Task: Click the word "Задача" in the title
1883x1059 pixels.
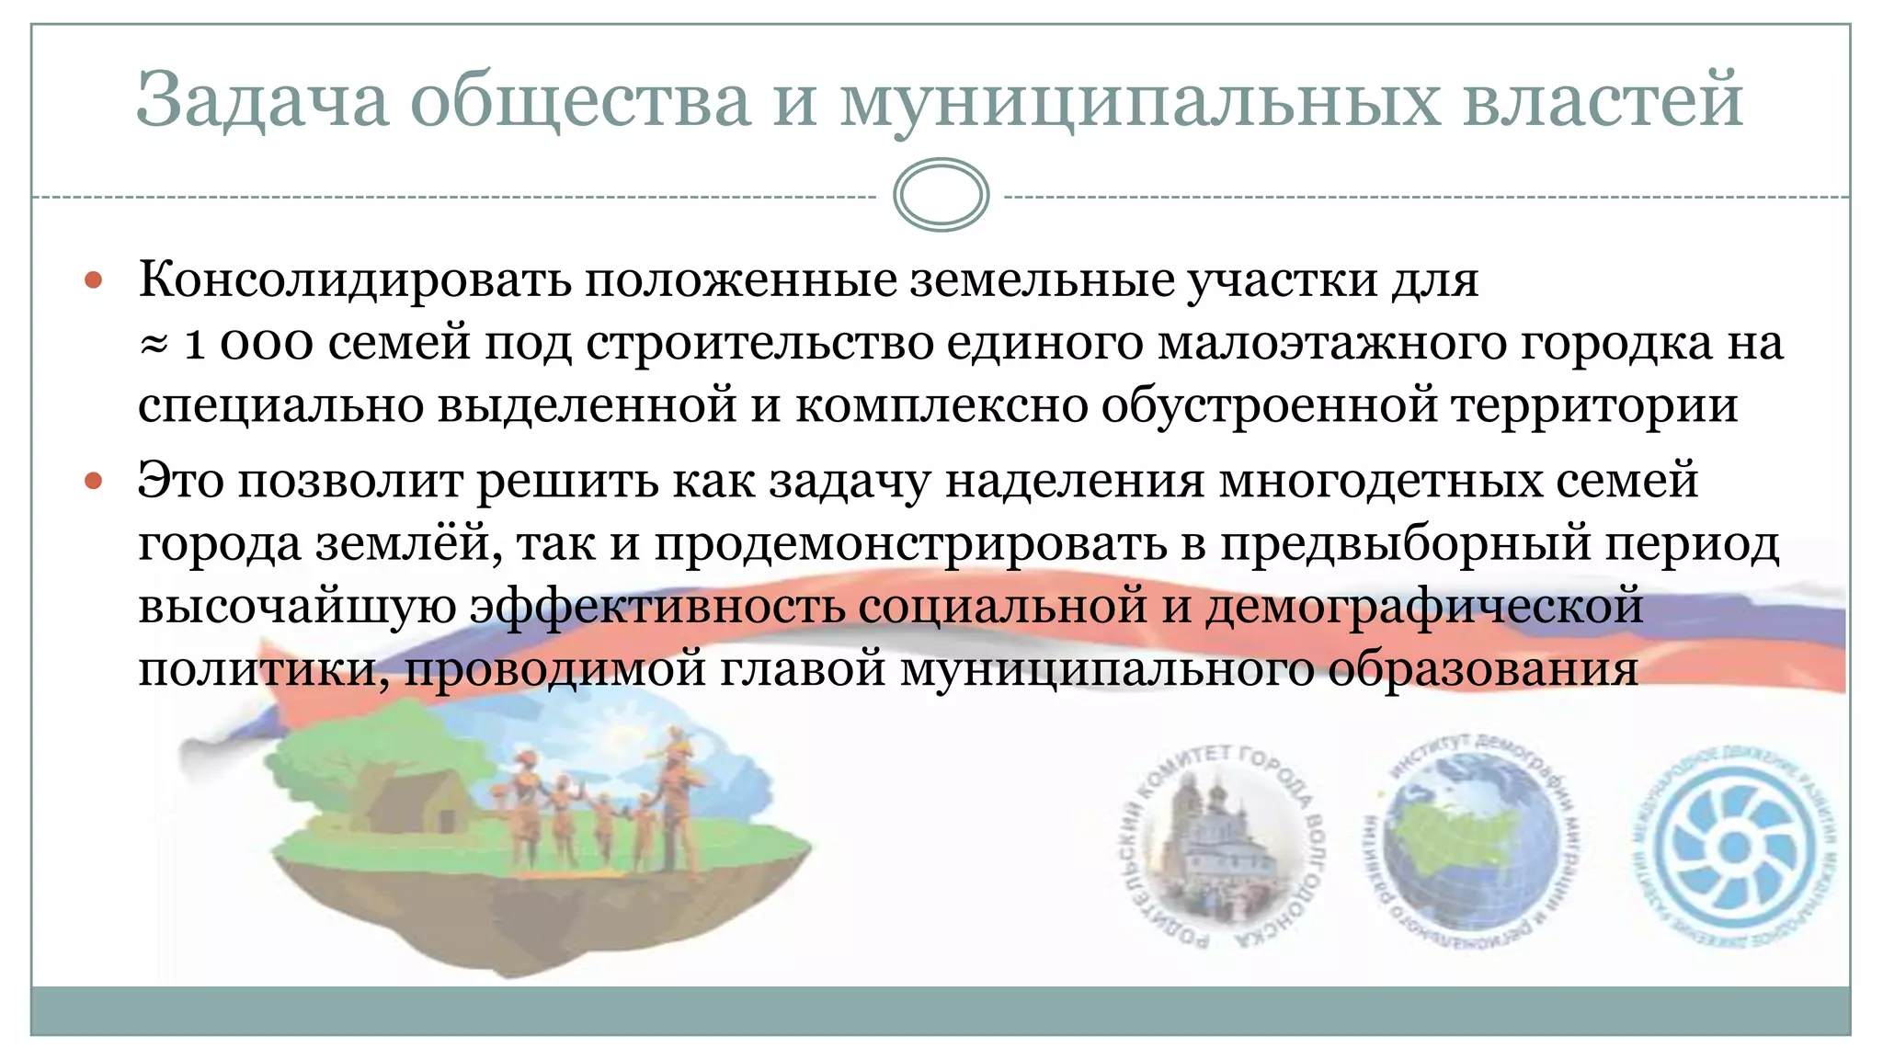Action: pyautogui.click(x=263, y=99)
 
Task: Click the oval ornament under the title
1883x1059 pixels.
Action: pyautogui.click(x=941, y=195)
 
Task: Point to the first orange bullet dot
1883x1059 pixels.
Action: pyautogui.click(x=94, y=279)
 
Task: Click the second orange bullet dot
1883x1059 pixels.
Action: pyautogui.click(x=94, y=480)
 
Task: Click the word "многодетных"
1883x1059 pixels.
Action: pyautogui.click(x=1380, y=480)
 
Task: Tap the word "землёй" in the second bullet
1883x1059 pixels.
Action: pyautogui.click(x=409, y=543)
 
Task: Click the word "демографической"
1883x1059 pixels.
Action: pyautogui.click(x=1424, y=606)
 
